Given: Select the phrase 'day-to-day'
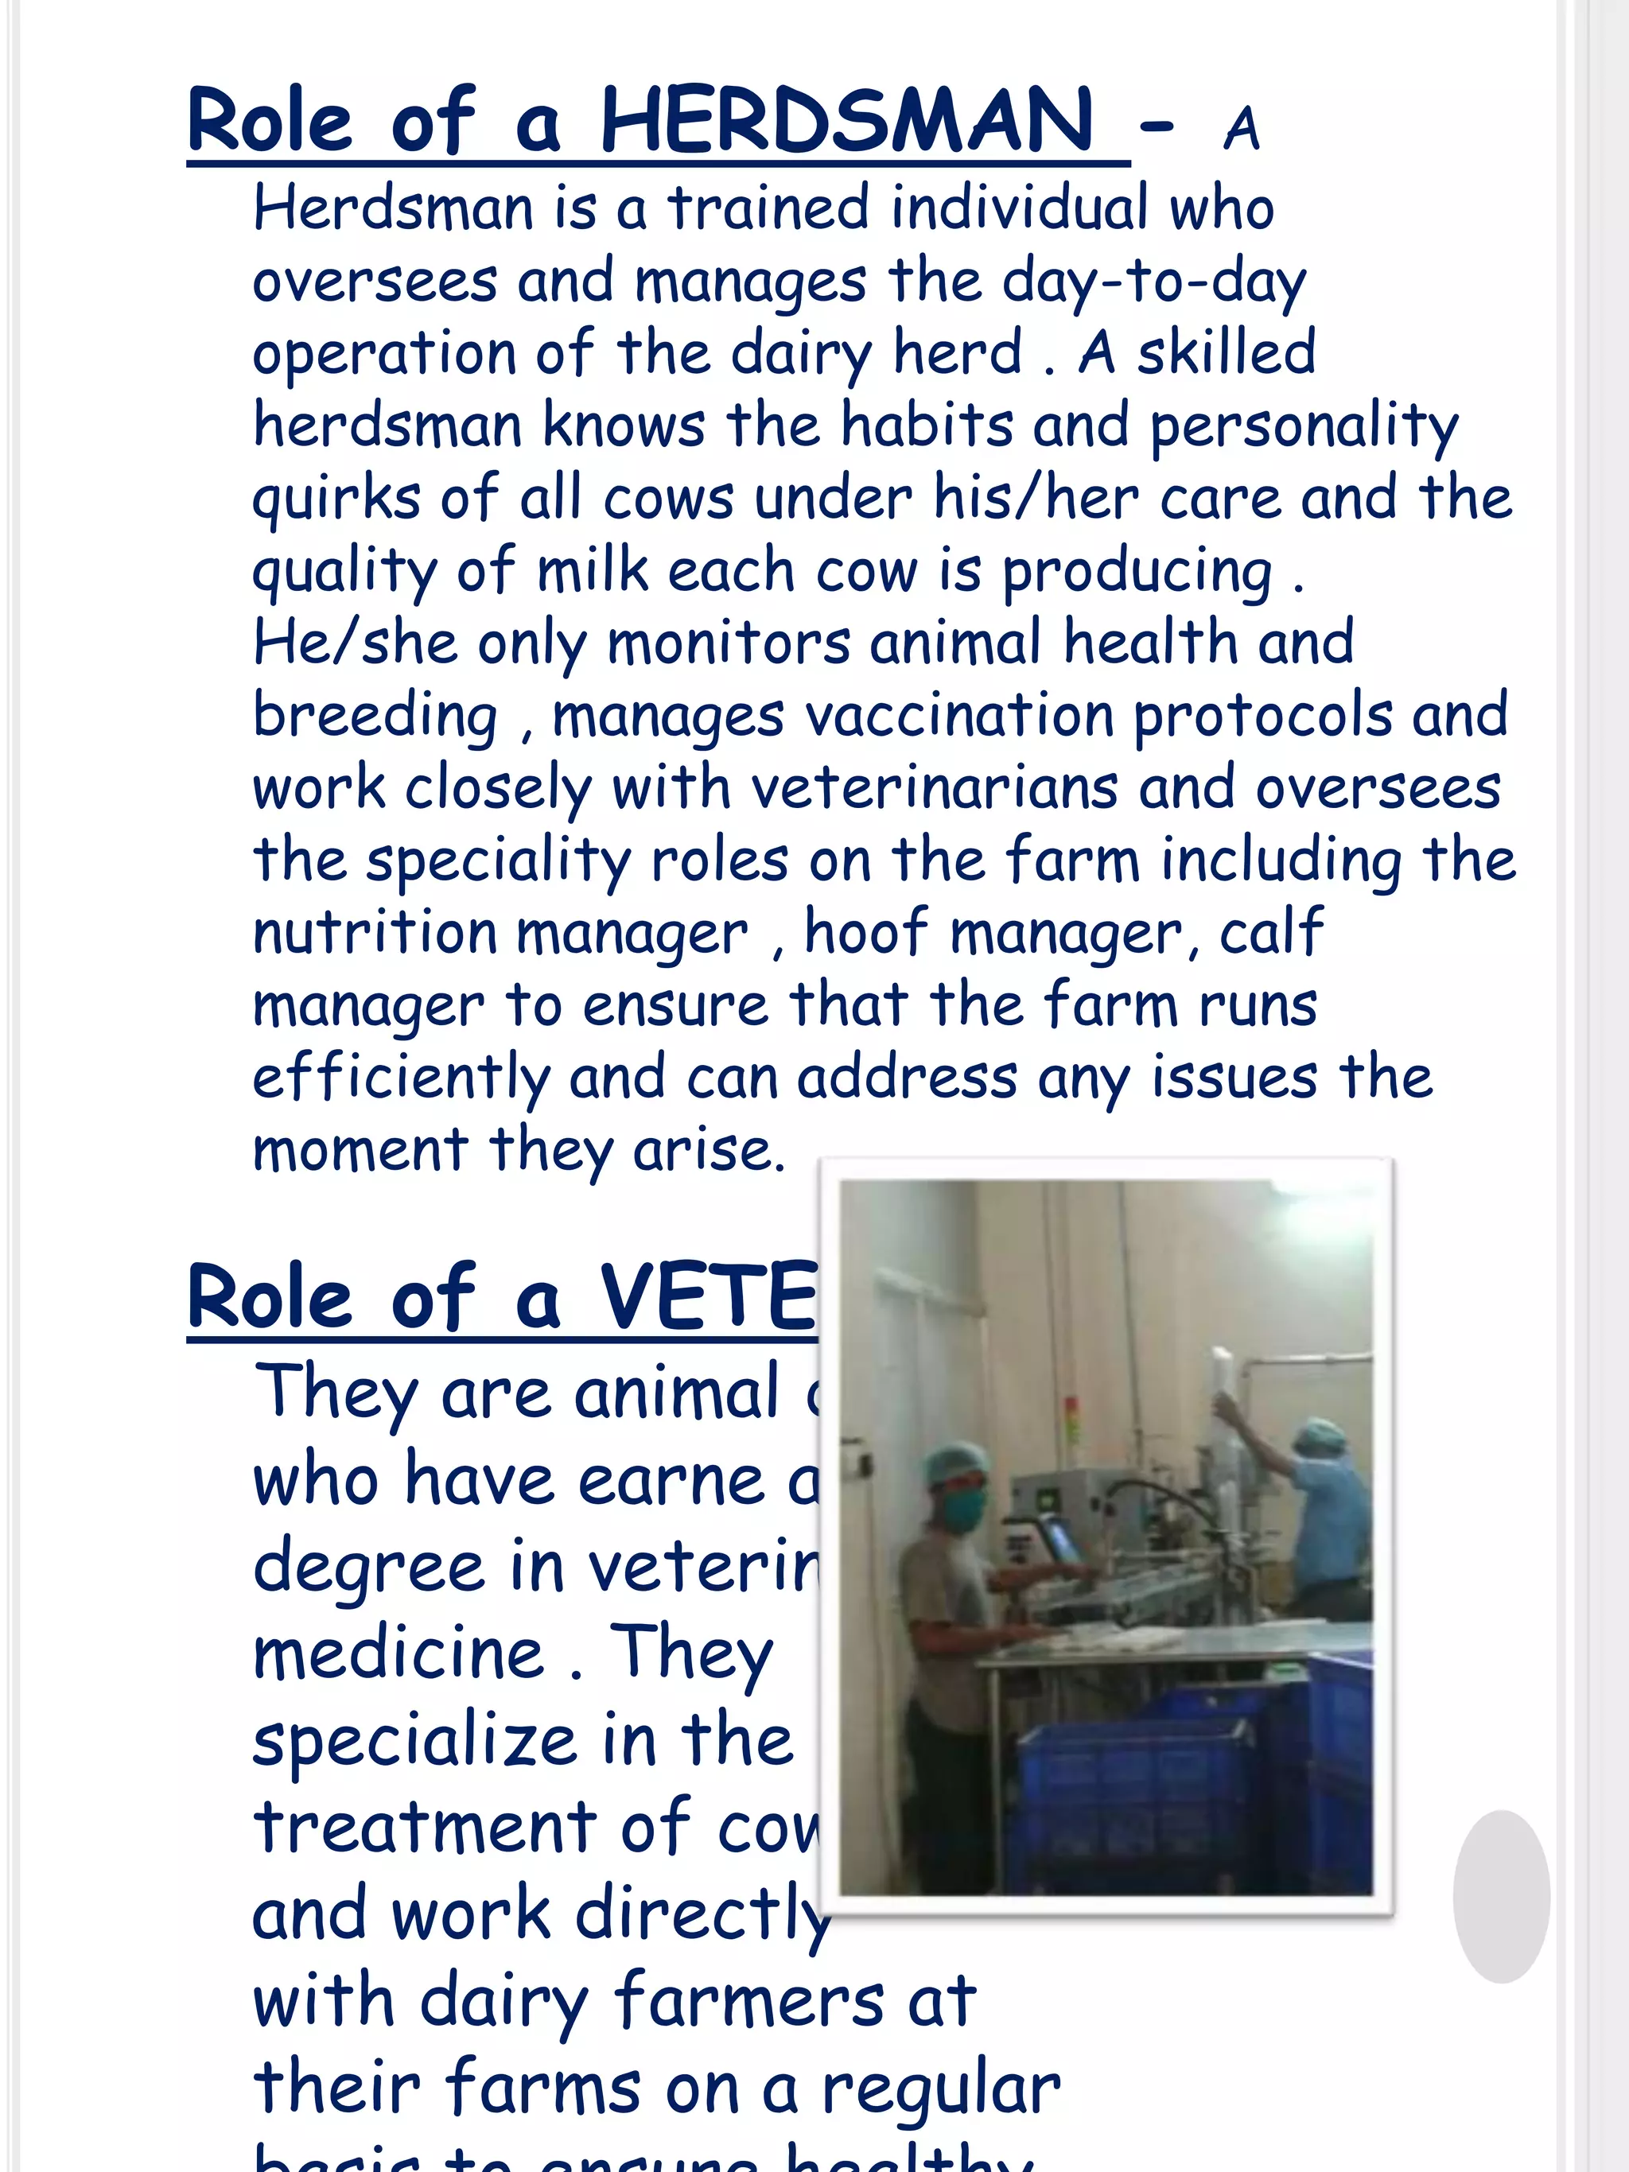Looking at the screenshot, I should point(1154,282).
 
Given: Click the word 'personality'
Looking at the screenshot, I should point(1303,427).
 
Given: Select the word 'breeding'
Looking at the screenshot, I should point(375,716).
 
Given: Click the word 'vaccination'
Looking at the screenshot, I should point(959,715).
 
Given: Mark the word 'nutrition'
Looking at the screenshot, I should point(374,932).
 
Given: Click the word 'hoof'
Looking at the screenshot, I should point(866,932).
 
